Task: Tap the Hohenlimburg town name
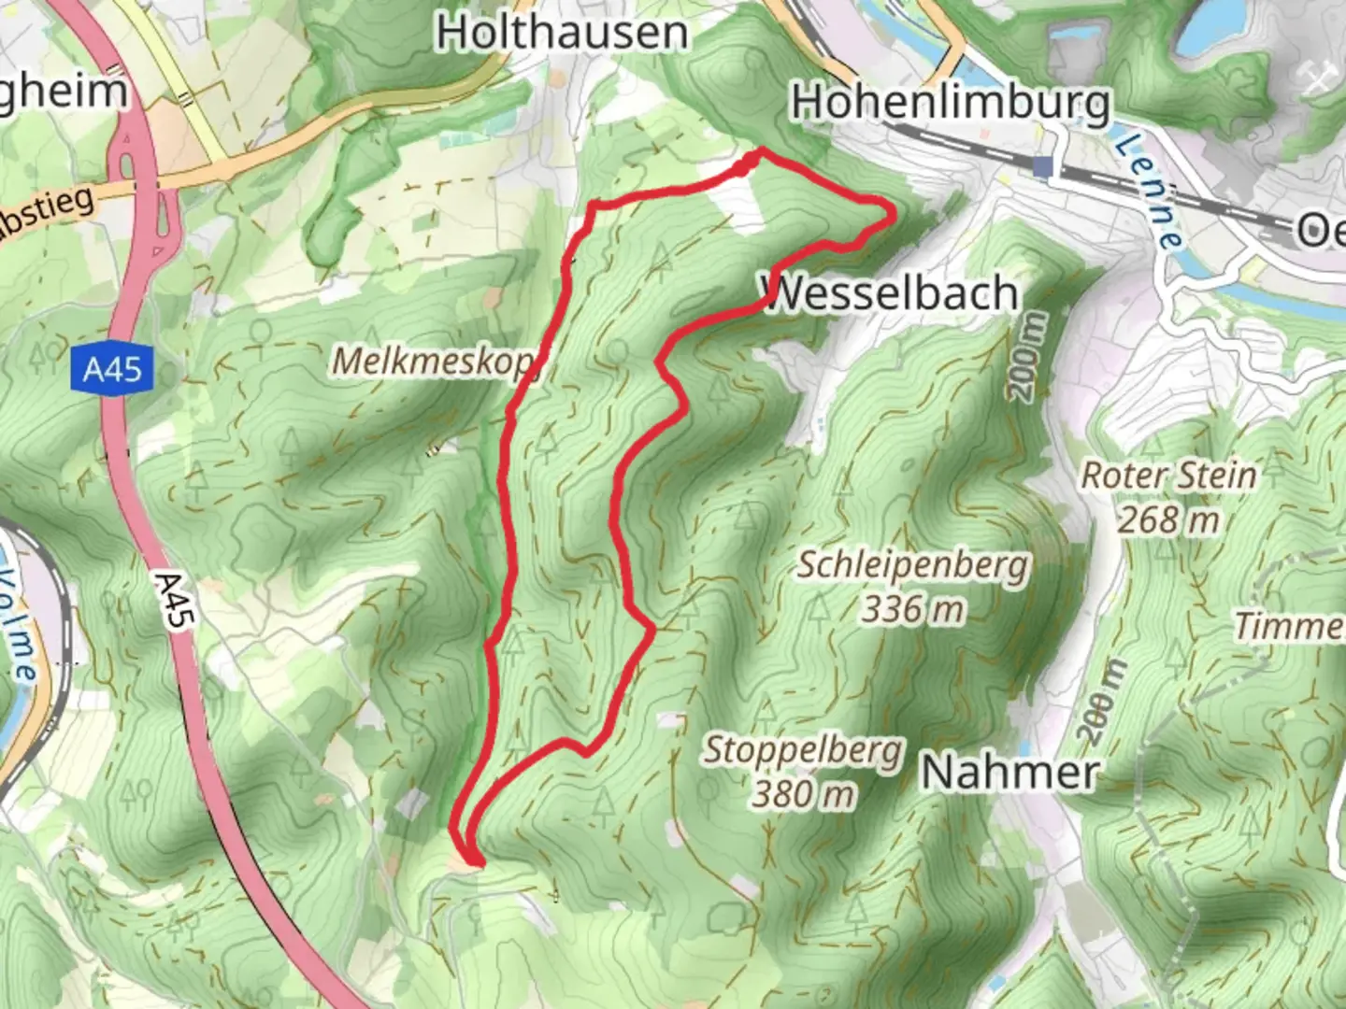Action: (952, 103)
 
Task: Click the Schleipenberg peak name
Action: (912, 565)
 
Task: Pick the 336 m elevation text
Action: (912, 609)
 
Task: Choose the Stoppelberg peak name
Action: (803, 750)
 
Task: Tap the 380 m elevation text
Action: (803, 794)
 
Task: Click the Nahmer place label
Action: (1009, 773)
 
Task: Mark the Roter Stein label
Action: (1168, 475)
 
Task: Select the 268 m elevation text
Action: (1168, 519)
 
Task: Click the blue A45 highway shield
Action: (112, 370)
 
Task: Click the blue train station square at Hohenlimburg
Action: (1043, 167)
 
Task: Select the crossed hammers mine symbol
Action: (1318, 80)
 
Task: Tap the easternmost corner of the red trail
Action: (894, 214)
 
